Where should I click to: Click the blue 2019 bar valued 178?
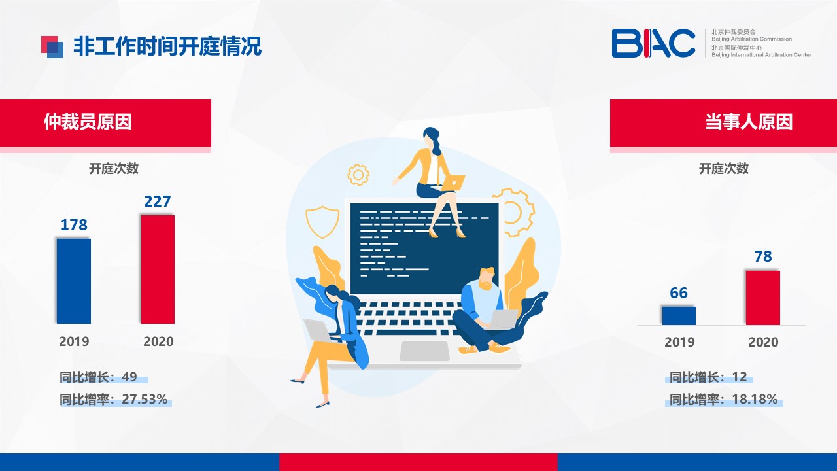pyautogui.click(x=74, y=281)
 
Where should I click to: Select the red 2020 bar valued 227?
pyautogui.click(x=158, y=269)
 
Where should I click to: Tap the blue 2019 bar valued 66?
pyautogui.click(x=679, y=315)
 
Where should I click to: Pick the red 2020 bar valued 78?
pyautogui.click(x=763, y=298)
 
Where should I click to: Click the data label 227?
pyautogui.click(x=158, y=201)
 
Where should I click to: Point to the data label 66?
pyautogui.click(x=679, y=292)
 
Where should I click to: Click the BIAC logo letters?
pyautogui.click(x=653, y=43)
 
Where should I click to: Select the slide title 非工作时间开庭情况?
pyautogui.click(x=167, y=46)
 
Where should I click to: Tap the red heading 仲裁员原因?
pyautogui.click(x=88, y=122)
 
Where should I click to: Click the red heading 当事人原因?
pyautogui.click(x=749, y=122)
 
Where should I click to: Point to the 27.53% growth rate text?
pyautogui.click(x=145, y=399)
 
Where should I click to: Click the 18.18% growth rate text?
pyautogui.click(x=755, y=399)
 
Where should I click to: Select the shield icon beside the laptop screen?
pyautogui.click(x=322, y=222)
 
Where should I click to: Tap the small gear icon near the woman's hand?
pyautogui.click(x=358, y=175)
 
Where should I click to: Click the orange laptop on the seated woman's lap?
pyautogui.click(x=453, y=183)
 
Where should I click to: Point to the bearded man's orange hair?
pyautogui.click(x=487, y=273)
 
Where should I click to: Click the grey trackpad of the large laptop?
pyautogui.click(x=424, y=351)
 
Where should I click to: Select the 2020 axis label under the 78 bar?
pyautogui.click(x=763, y=342)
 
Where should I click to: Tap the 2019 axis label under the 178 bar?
pyautogui.click(x=74, y=341)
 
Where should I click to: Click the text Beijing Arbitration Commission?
pyautogui.click(x=751, y=39)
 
